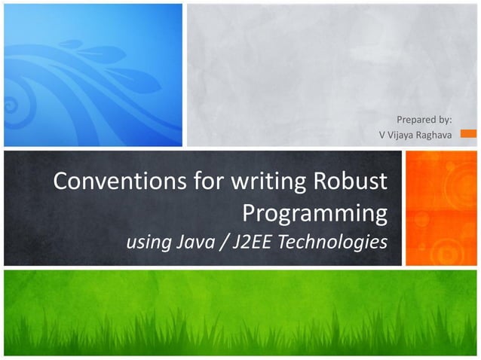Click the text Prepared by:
click(424, 119)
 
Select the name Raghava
click(434, 136)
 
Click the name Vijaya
click(400, 136)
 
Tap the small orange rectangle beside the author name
click(468, 134)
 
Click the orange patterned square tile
click(441, 208)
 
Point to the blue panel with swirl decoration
click(92, 74)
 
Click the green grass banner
click(240, 313)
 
